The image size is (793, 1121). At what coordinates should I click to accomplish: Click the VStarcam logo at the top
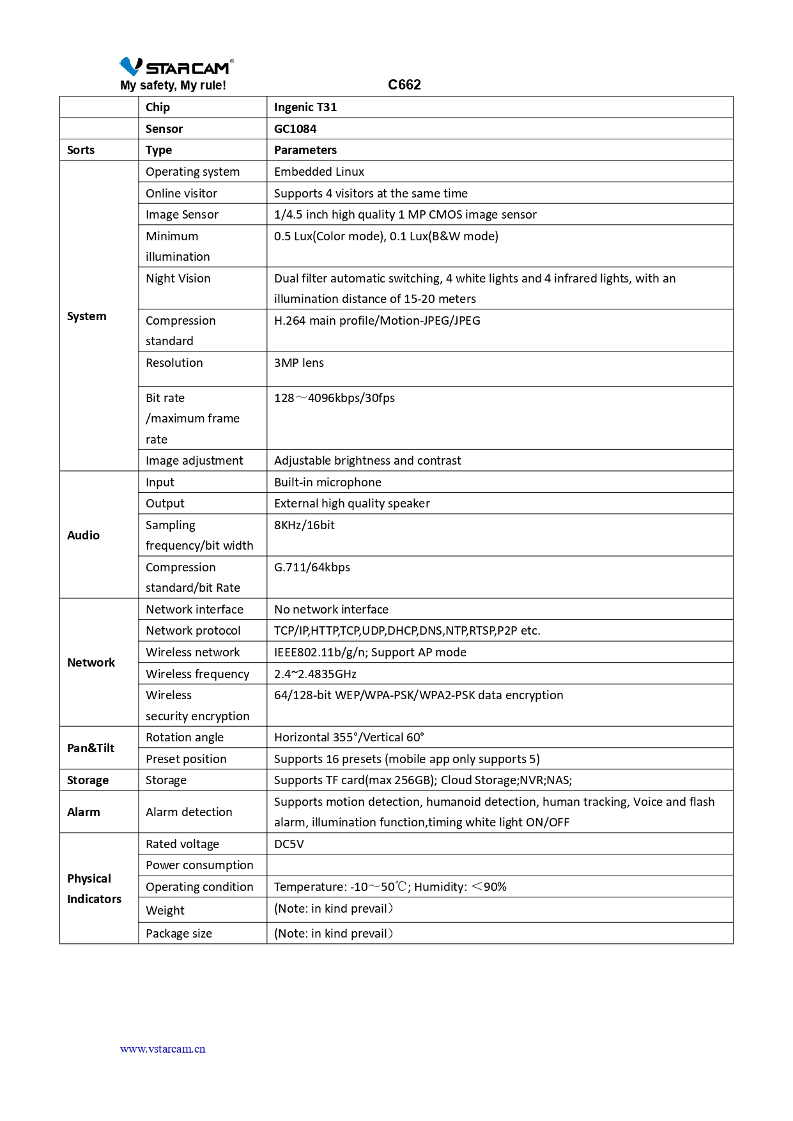[176, 66]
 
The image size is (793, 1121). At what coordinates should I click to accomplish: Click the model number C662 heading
[404, 85]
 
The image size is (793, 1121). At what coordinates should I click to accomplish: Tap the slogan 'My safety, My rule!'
[173, 86]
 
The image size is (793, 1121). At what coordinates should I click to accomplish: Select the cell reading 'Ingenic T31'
[305, 107]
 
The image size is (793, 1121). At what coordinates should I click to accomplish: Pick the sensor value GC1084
[295, 129]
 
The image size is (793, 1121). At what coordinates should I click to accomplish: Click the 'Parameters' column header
[305, 150]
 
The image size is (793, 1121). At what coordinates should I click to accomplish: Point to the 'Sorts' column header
[81, 150]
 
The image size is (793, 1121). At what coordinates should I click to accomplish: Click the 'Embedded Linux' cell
[319, 172]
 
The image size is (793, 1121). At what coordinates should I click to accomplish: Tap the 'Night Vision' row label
[178, 279]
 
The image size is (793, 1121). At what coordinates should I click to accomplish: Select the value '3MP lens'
[298, 363]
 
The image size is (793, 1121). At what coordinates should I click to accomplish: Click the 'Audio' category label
[83, 536]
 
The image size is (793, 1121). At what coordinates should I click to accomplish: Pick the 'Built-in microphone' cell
[327, 483]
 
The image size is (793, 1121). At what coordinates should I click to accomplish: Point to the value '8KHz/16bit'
[304, 525]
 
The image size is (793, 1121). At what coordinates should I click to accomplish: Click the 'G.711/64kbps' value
[312, 568]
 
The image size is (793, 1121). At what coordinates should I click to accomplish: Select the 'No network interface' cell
[331, 610]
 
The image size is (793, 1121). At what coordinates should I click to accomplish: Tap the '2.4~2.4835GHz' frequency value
[315, 674]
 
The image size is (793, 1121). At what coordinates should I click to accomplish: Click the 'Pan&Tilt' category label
[91, 748]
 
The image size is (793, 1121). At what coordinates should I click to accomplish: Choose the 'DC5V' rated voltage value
[289, 844]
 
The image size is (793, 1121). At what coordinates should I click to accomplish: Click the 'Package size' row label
[178, 934]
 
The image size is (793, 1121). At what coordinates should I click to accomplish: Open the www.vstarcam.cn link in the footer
[162, 1049]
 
